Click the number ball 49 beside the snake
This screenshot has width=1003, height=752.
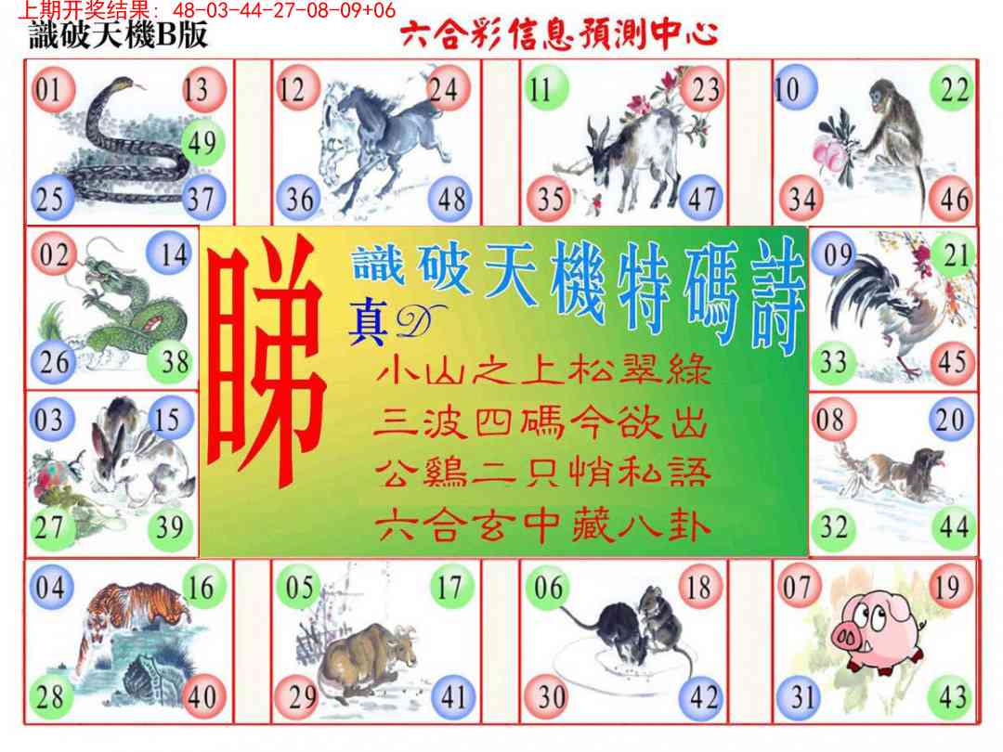click(x=202, y=143)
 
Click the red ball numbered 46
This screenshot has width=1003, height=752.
click(x=953, y=199)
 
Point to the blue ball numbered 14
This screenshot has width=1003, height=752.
click(x=170, y=253)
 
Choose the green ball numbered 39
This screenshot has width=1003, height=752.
click(x=171, y=527)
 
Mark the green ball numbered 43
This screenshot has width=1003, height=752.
click(x=952, y=697)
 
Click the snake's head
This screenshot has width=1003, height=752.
click(x=124, y=85)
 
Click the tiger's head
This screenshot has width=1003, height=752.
click(x=169, y=605)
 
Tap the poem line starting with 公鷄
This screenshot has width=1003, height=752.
click(x=542, y=473)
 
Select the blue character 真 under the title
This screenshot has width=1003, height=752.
click(x=368, y=324)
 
